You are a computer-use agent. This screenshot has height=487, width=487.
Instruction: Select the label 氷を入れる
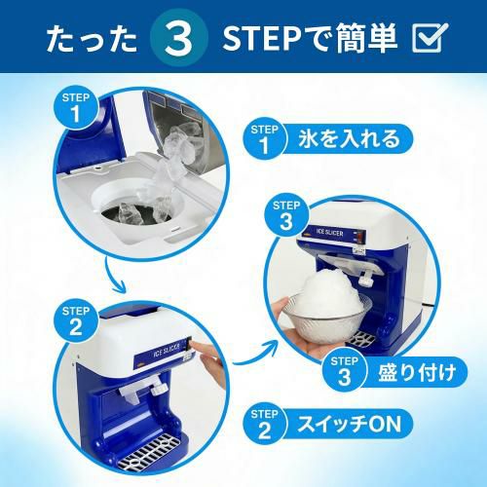(350, 138)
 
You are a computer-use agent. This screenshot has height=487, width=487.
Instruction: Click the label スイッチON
(350, 424)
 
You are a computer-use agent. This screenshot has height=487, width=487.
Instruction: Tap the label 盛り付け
(417, 372)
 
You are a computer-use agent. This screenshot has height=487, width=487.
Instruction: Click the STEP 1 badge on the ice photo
(76, 107)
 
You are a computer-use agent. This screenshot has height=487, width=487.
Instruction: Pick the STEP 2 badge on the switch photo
(76, 320)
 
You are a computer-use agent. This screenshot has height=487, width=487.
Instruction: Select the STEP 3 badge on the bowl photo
(286, 215)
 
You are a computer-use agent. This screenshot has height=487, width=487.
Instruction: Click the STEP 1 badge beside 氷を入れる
(265, 139)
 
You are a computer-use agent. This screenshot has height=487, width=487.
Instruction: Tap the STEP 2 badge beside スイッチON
(265, 424)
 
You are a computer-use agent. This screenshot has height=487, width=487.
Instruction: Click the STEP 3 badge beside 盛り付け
(345, 371)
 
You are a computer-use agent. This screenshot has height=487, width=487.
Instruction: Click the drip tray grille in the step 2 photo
(149, 452)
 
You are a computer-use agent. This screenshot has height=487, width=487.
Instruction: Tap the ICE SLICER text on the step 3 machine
(329, 232)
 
